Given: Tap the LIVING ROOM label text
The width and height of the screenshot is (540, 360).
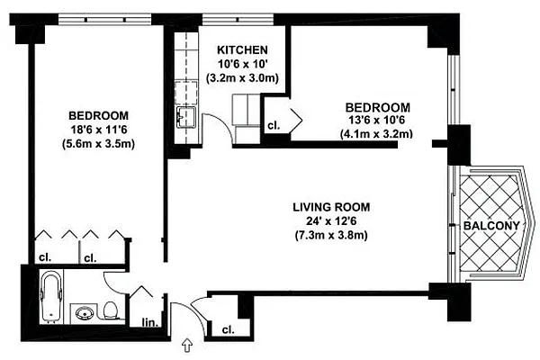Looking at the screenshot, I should click(x=332, y=207).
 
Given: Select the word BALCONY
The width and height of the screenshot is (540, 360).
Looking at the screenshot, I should click(x=491, y=225).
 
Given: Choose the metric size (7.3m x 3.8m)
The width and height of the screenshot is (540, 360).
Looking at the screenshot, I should click(x=332, y=236).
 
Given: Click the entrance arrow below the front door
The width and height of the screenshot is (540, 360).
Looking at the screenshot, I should click(x=187, y=344).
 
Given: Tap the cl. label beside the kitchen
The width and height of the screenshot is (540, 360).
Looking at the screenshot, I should click(x=273, y=125).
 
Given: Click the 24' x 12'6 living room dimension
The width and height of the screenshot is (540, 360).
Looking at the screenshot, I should click(x=332, y=221).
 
